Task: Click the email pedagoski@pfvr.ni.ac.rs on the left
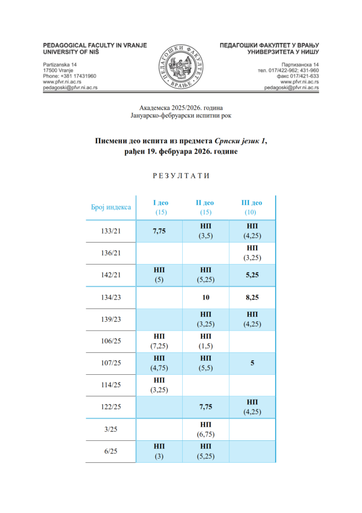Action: click(70, 87)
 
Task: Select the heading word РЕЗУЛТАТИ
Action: click(181, 176)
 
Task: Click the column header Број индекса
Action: click(111, 207)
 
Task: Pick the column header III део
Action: click(251, 203)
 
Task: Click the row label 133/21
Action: click(111, 231)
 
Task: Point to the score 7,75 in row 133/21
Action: click(160, 231)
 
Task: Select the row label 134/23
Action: click(111, 297)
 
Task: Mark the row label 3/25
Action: click(111, 429)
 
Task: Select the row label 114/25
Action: click(111, 385)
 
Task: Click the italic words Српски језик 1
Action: click(239, 141)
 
